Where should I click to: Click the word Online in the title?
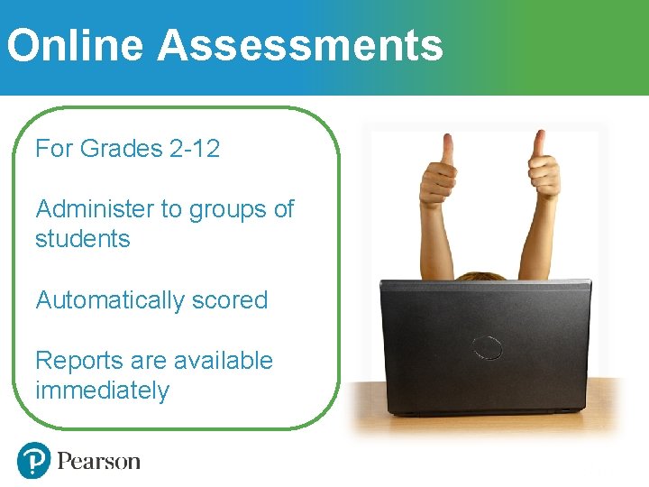[75, 45]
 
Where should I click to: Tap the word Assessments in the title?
[300, 45]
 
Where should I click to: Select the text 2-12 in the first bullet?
[194, 149]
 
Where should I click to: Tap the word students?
[82, 239]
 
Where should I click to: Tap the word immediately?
[102, 391]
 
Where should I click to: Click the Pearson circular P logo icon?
[33, 461]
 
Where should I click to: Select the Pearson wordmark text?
[99, 462]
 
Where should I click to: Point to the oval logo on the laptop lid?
[487, 346]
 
